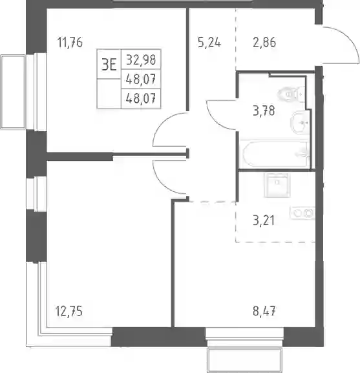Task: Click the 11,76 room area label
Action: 70,43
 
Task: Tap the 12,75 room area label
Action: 69,311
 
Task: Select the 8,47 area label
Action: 264,311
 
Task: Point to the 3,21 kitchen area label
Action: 264,220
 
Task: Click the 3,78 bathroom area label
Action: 264,111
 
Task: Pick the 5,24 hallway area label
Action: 209,43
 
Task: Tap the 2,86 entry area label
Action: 264,43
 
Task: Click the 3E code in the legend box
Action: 109,65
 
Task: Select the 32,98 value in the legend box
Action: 141,59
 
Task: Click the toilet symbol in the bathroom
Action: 291,94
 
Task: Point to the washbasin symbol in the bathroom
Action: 300,123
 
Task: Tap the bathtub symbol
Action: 275,154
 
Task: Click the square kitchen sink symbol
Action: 277,186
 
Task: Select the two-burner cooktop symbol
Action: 302,213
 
